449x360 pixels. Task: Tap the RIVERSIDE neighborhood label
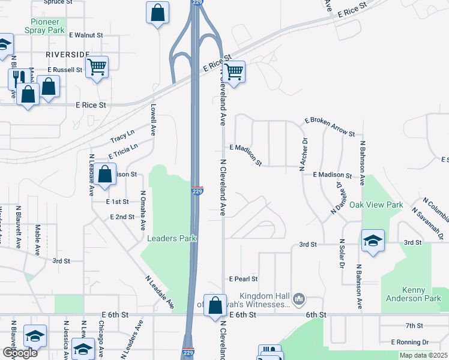[67, 54]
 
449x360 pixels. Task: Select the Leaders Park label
[172, 238]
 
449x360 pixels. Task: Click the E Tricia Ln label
[123, 151]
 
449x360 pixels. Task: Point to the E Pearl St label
[243, 279]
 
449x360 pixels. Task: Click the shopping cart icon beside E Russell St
[96, 67]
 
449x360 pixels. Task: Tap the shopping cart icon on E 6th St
[215, 304]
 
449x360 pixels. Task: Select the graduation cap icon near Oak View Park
[373, 241]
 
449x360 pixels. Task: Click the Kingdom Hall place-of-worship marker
[299, 298]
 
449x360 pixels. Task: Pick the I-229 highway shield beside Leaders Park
[197, 190]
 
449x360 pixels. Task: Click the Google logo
[20, 353]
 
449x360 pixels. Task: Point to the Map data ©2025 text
[423, 355]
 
